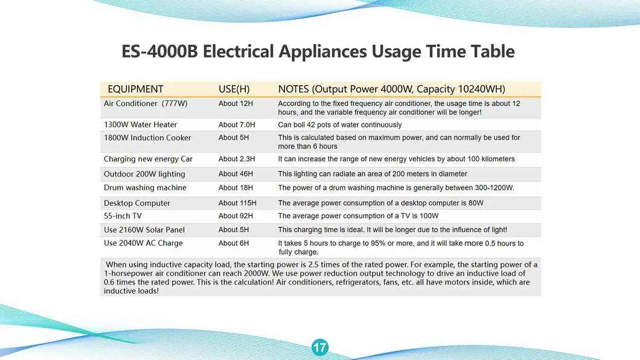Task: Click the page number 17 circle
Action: pyautogui.click(x=319, y=347)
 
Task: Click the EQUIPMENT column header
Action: pyautogui.click(x=135, y=89)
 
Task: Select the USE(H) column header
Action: pyautogui.click(x=234, y=89)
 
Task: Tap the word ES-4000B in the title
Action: pyautogui.click(x=159, y=51)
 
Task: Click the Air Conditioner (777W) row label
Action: pyautogui.click(x=146, y=104)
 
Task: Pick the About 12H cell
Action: pyautogui.click(x=235, y=104)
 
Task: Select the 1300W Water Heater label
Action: pyautogui.click(x=141, y=125)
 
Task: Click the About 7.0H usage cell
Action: pyautogui.click(x=237, y=125)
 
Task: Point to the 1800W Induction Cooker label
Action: pyautogui.click(x=147, y=138)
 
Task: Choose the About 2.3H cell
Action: pyautogui.click(x=237, y=159)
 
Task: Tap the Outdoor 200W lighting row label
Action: pyautogui.click(x=144, y=175)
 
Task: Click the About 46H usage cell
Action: pyautogui.click(x=235, y=174)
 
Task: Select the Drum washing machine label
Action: pyautogui.click(x=145, y=188)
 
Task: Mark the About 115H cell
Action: pyautogui.click(x=237, y=203)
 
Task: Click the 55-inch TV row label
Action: pyautogui.click(x=123, y=216)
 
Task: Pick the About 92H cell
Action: pyautogui.click(x=235, y=216)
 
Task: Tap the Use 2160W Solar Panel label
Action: pyautogui.click(x=144, y=230)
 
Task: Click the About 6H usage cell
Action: pyautogui.click(x=234, y=243)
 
